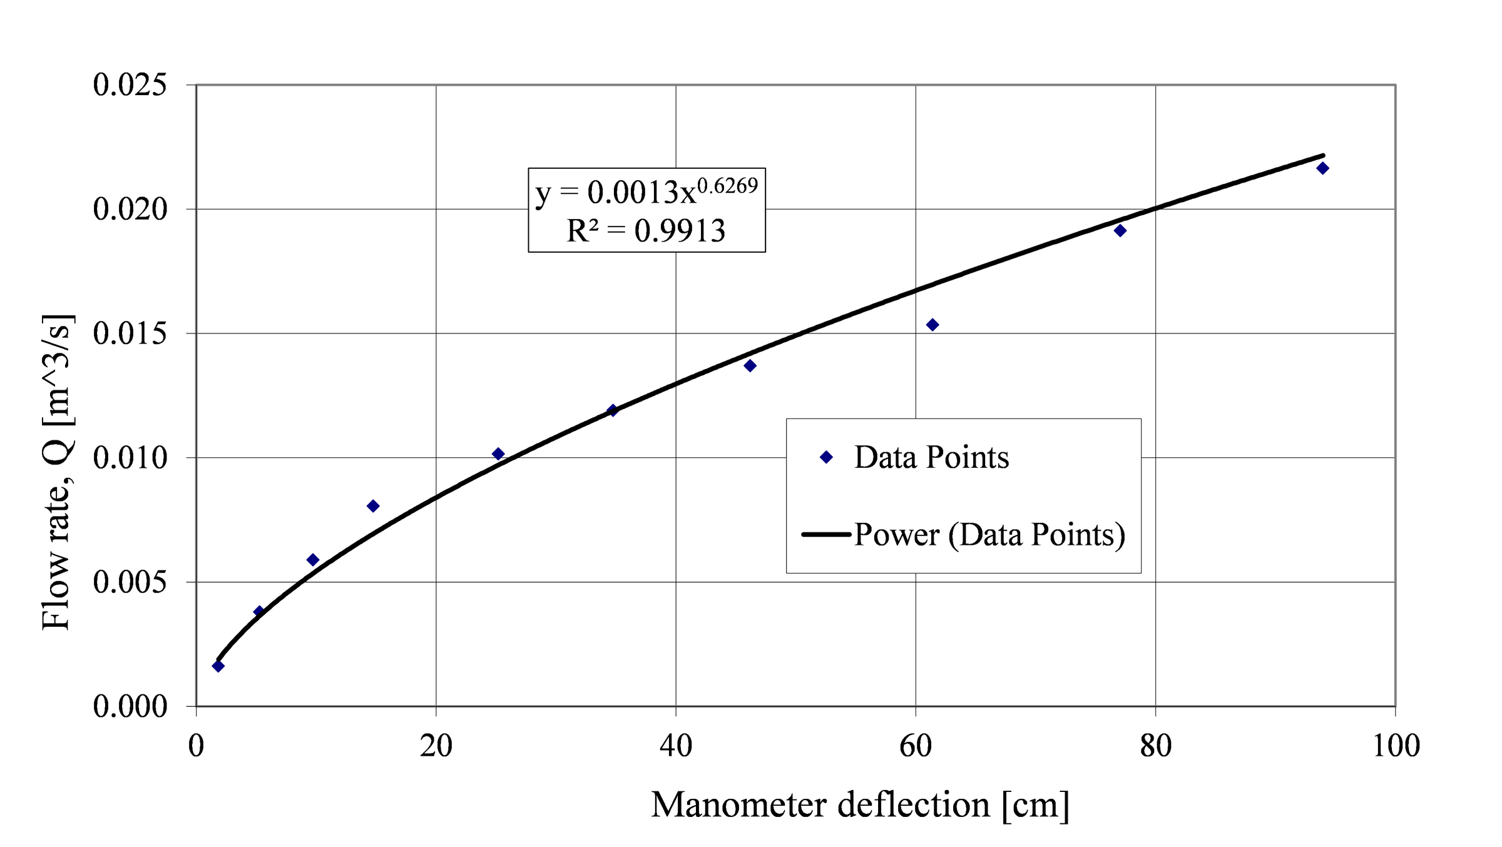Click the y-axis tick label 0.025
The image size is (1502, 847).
click(130, 85)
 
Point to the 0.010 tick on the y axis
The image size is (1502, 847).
click(130, 458)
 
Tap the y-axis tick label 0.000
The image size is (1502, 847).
click(130, 707)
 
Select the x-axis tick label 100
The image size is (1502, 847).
click(1396, 746)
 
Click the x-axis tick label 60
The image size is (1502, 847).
click(916, 746)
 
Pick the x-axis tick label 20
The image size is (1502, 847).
click(436, 746)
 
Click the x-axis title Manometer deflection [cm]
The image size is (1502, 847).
click(860, 805)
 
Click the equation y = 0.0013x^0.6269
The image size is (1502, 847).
click(646, 191)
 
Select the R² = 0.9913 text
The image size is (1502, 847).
click(646, 231)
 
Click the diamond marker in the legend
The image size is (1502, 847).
click(826, 457)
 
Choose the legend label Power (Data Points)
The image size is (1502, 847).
click(989, 535)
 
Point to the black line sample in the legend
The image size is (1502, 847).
click(826, 535)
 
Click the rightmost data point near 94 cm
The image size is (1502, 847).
click(1322, 168)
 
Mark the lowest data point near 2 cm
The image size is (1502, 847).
click(218, 666)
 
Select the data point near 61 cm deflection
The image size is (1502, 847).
click(932, 325)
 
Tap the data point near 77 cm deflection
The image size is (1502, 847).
click(1120, 231)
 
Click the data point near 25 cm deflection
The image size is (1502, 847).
click(498, 454)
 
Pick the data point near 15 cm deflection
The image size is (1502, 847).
click(373, 506)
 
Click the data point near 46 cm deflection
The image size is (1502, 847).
click(750, 365)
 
